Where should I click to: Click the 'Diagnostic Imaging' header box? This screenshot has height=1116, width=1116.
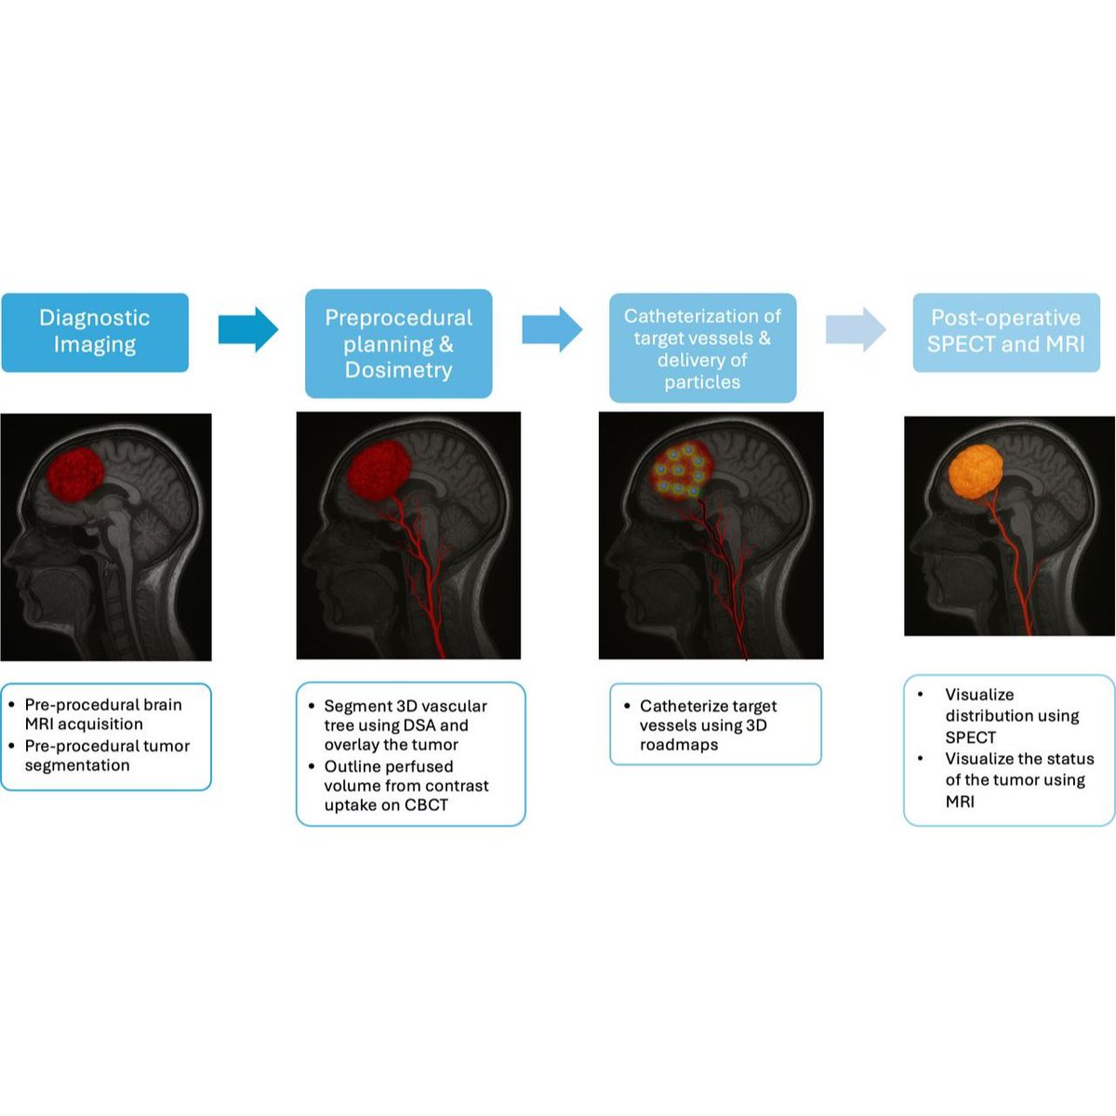95,332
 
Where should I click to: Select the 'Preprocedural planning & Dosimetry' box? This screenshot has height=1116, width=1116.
398,343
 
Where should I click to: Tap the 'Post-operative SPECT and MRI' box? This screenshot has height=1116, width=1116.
1006,332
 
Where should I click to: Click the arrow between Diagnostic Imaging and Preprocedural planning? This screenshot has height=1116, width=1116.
247,329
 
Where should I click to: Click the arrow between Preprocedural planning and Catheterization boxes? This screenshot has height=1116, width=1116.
551,329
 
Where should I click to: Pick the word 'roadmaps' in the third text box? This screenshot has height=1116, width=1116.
679,745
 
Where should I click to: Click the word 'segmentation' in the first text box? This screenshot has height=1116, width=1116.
77,765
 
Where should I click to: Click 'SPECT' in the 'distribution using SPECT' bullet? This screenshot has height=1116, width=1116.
970,737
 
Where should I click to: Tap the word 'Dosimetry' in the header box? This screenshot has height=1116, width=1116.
398,370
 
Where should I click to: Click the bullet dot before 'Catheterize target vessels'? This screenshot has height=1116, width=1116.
627,707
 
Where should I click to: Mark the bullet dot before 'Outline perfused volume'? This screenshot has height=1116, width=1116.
312,767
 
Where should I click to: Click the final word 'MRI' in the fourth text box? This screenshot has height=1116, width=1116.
960,802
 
